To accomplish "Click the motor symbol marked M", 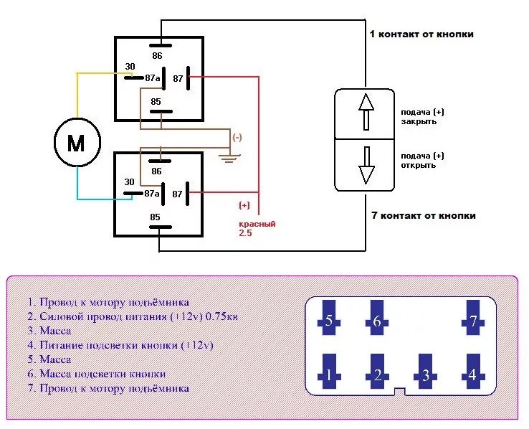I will (x=76, y=143).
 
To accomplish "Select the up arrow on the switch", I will (x=366, y=112).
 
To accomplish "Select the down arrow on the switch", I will (x=366, y=165).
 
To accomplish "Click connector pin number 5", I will (x=329, y=320).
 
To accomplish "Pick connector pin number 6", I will (x=377, y=320).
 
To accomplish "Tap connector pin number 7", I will (x=472, y=320).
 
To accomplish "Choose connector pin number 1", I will (x=329, y=374).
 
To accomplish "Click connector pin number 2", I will (x=377, y=374).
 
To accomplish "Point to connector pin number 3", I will (x=425, y=374).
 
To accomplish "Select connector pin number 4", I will (x=472, y=374).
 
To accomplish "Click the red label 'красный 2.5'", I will (x=257, y=228).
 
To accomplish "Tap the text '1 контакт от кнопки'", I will (x=421, y=34).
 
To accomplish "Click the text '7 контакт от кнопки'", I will (x=423, y=215).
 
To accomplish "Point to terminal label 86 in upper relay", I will (x=157, y=55).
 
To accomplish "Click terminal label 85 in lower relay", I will (x=155, y=216).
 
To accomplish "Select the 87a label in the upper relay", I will (x=152, y=78).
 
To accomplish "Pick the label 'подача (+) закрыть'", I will (x=422, y=117).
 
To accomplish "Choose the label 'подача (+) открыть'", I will (x=422, y=161).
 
